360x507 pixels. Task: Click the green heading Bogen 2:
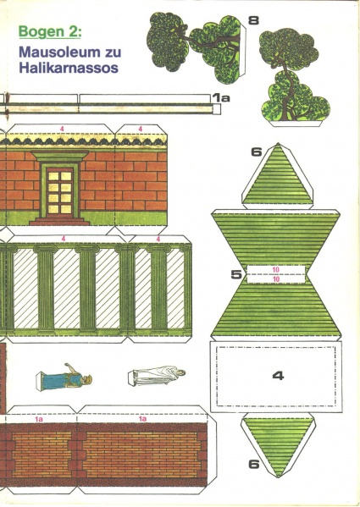(49, 32)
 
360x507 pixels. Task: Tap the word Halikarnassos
(69, 69)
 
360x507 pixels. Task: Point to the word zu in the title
(113, 52)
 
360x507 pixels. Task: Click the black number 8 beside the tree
(253, 20)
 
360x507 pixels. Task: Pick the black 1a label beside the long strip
(222, 97)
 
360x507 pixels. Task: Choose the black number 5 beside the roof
(236, 274)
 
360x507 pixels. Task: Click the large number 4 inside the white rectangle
(278, 376)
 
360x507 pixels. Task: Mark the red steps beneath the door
(59, 221)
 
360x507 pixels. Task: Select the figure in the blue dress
(64, 377)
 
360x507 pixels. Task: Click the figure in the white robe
(157, 376)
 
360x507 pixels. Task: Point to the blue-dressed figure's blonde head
(87, 379)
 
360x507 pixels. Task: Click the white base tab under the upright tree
(296, 124)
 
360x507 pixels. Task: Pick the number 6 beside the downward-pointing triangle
(254, 464)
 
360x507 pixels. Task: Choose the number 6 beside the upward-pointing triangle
(257, 152)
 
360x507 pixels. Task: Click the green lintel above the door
(60, 156)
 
